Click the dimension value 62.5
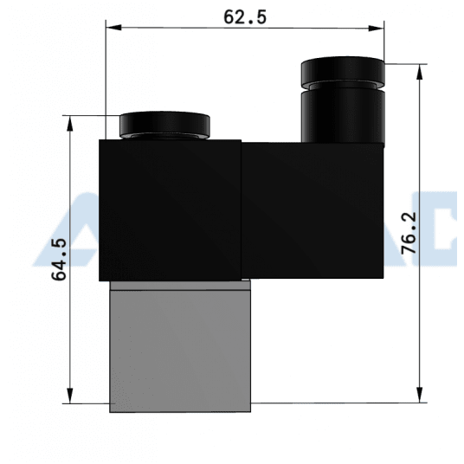(244, 16)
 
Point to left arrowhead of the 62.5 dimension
(112, 29)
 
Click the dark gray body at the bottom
(179, 351)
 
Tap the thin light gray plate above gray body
(179, 284)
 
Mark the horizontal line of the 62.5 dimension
(245, 29)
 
